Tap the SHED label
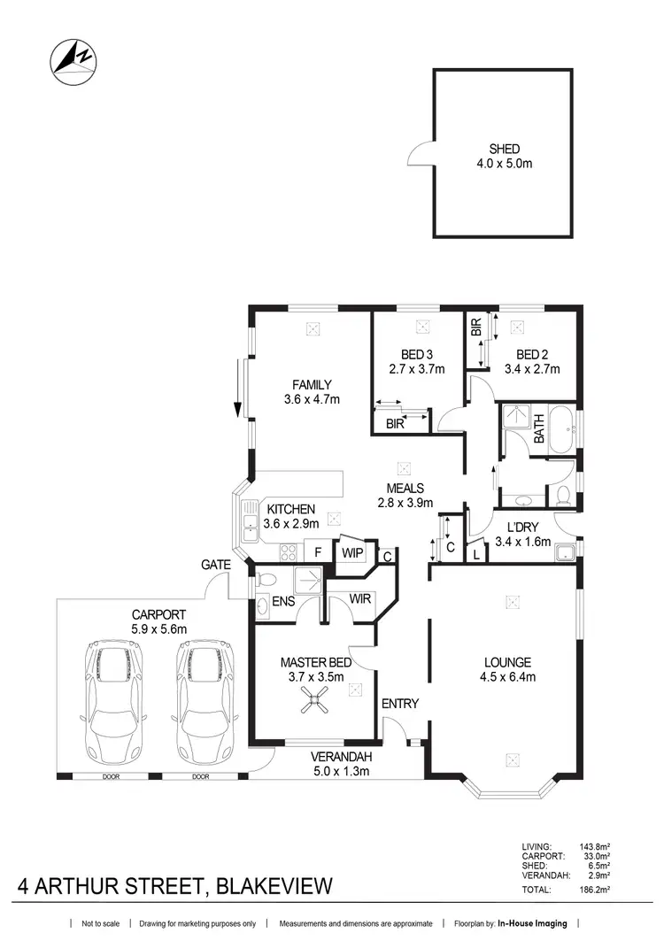pyautogui.click(x=504, y=149)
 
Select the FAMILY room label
pyautogui.click(x=312, y=384)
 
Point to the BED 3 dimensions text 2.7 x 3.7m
pyautogui.click(x=416, y=369)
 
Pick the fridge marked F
pyautogui.click(x=316, y=551)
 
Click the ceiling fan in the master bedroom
pyautogui.click(x=312, y=704)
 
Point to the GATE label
pyautogui.click(x=216, y=564)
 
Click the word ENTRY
pyautogui.click(x=399, y=704)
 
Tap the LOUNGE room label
pyautogui.click(x=507, y=661)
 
